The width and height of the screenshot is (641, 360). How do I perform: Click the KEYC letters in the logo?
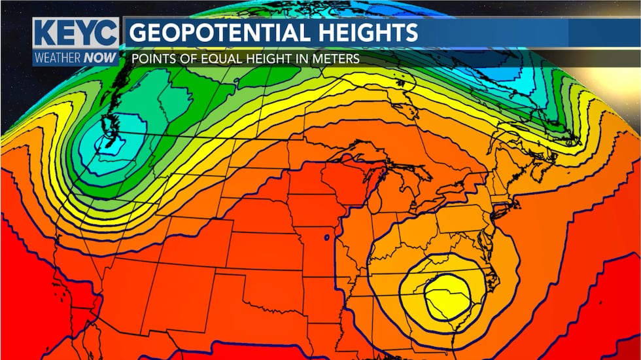click(x=76, y=33)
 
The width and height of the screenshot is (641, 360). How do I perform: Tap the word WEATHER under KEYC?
click(x=58, y=58)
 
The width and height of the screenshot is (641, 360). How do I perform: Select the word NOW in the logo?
click(x=100, y=58)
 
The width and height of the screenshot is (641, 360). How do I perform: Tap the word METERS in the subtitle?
click(x=336, y=59)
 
